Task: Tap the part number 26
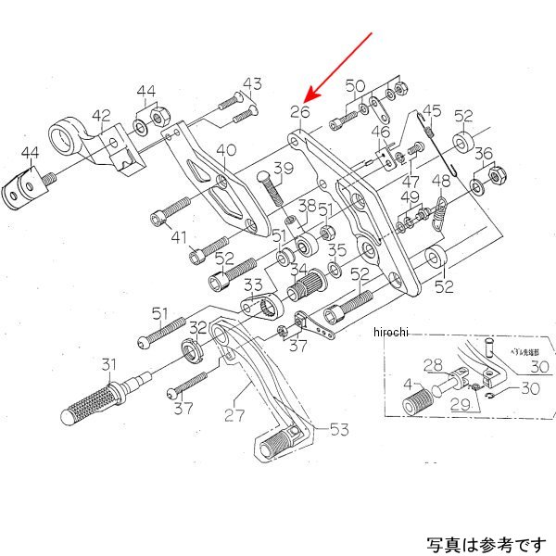[x=297, y=113]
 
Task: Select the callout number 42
[x=100, y=116]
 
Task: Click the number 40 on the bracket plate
[x=225, y=151]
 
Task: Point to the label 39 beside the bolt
[x=283, y=169]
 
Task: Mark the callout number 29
[x=461, y=405]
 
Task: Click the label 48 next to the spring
[x=442, y=182]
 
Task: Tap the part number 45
[x=431, y=112]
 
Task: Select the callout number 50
[x=356, y=86]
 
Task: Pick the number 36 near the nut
[x=483, y=155]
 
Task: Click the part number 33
[x=253, y=284]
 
